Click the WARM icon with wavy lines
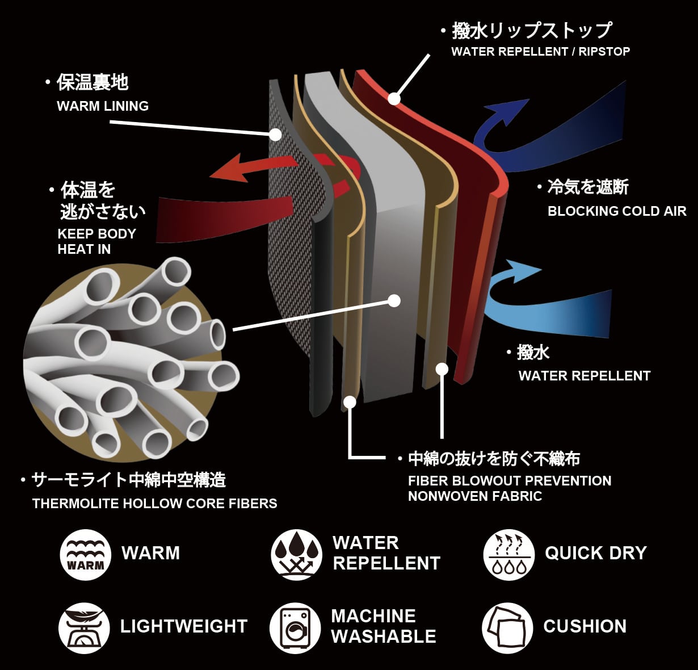tap(85, 555)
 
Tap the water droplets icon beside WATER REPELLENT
tap(297, 555)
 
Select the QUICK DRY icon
tap(509, 555)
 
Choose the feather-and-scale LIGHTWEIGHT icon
tap(84, 628)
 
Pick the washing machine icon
tap(295, 628)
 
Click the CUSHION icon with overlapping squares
tap(507, 628)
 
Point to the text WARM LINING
tap(103, 106)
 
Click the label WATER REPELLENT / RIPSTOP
tap(541, 52)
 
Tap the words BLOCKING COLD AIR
tap(617, 211)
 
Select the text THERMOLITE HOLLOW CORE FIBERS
tap(154, 504)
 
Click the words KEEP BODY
tap(97, 234)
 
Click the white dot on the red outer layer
tap(394, 98)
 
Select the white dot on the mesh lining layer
tap(275, 135)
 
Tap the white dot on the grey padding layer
tap(394, 301)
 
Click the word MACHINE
tap(373, 617)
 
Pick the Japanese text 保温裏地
tap(92, 82)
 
